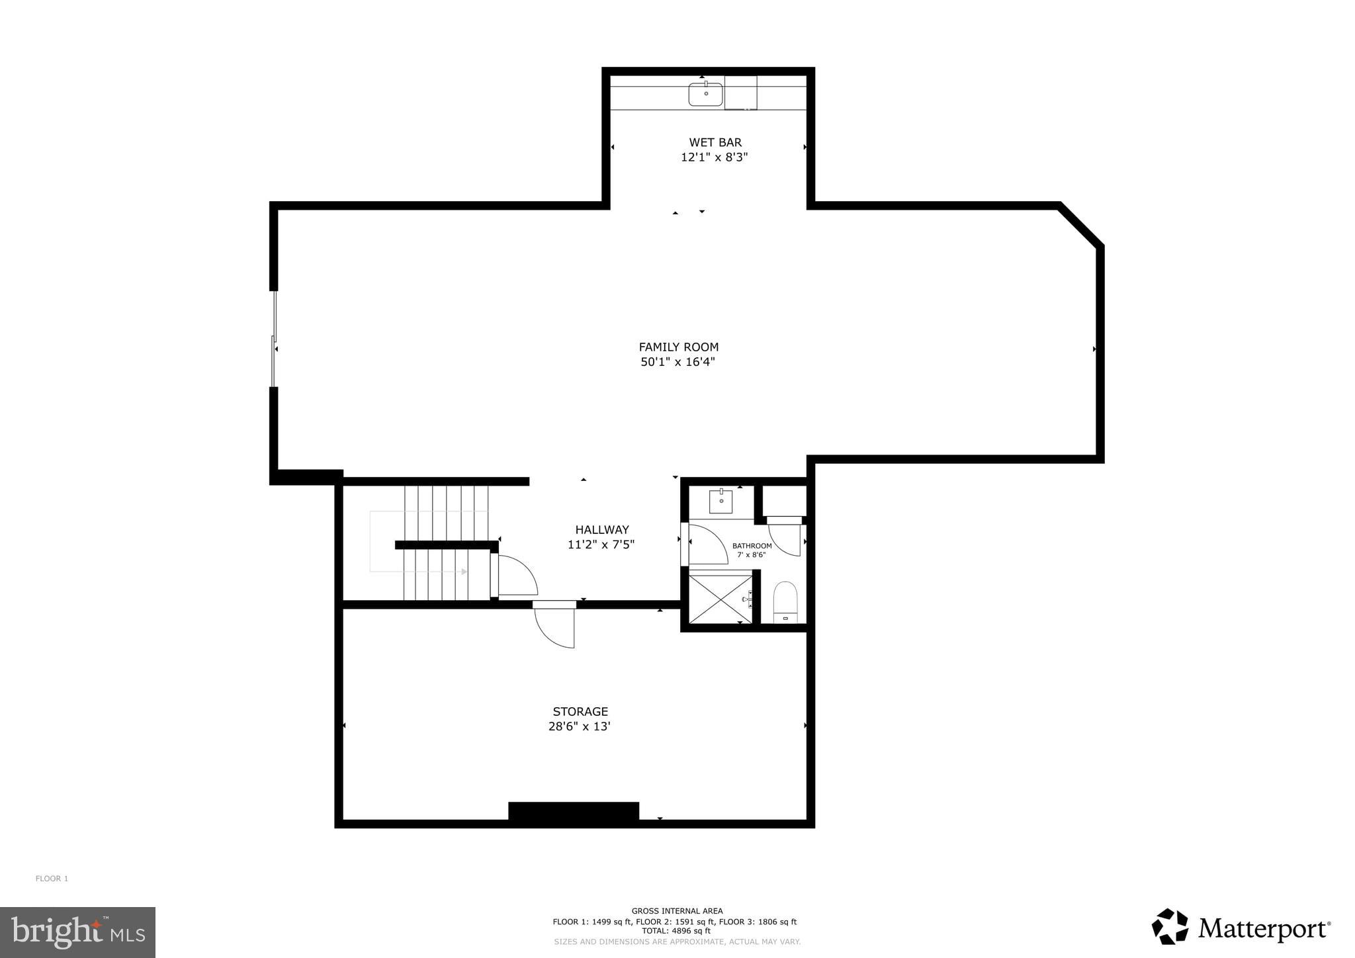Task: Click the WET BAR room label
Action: click(715, 142)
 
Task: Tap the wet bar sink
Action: click(705, 94)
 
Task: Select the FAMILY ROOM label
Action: click(678, 347)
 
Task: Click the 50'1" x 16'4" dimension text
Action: click(677, 362)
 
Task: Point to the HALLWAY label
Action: click(601, 529)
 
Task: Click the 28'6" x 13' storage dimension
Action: click(579, 726)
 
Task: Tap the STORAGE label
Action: click(580, 711)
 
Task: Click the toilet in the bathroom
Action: click(785, 602)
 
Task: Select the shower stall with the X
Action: click(720, 599)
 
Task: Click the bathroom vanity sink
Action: click(721, 501)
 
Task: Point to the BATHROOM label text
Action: click(752, 546)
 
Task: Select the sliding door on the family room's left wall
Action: click(273, 339)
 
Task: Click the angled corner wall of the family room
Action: click(1081, 226)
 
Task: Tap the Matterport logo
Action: click(1241, 928)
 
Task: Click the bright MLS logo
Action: click(77, 932)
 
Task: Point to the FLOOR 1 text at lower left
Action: click(52, 879)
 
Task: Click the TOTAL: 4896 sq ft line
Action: click(676, 930)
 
